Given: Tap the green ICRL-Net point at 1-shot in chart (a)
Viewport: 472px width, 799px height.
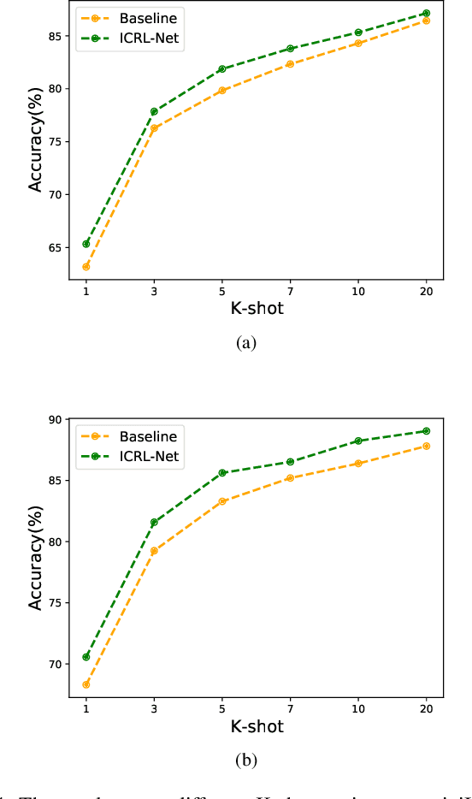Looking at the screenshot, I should pyautogui.click(x=86, y=244).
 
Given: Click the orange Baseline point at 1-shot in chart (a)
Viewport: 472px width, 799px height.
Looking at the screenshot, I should pyautogui.click(x=86, y=267).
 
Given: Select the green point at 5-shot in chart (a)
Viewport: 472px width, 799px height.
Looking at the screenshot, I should pyautogui.click(x=221, y=68).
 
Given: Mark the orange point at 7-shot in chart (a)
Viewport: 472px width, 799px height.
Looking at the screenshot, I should pyautogui.click(x=290, y=64).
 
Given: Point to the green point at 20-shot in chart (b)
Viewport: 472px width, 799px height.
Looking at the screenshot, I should pyautogui.click(x=426, y=431).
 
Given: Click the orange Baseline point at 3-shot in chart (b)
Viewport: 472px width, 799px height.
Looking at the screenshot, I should pyautogui.click(x=154, y=551).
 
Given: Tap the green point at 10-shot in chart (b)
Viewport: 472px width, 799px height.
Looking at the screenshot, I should pyautogui.click(x=357, y=441).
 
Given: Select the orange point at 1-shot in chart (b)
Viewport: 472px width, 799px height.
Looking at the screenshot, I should pyautogui.click(x=86, y=684).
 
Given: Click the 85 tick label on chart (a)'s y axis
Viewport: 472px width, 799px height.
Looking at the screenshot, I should pyautogui.click(x=54, y=36).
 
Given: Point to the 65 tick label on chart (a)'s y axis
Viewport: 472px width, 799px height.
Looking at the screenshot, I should pyautogui.click(x=54, y=247).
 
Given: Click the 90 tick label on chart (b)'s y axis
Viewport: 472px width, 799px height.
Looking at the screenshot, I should pyautogui.click(x=54, y=420).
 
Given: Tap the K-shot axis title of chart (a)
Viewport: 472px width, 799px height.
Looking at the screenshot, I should pyautogui.click(x=257, y=309).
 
